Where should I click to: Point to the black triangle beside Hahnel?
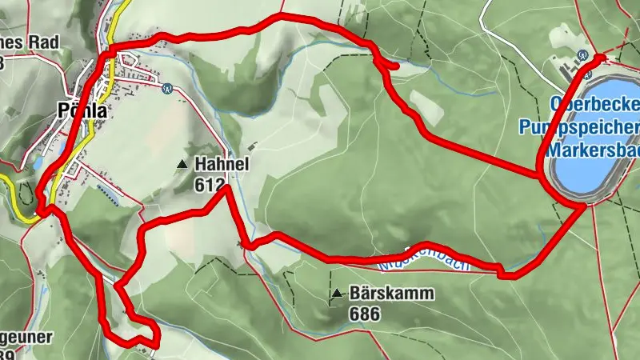pyautogui.click(x=182, y=164)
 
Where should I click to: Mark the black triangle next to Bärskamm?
pyautogui.click(x=338, y=294)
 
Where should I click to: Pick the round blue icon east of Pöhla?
pyautogui.click(x=167, y=88)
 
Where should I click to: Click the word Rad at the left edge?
pyautogui.click(x=38, y=42)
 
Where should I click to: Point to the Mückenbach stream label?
pyautogui.click(x=416, y=258)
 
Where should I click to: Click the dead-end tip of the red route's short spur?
pyautogui.click(x=397, y=66)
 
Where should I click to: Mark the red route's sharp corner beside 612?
pyautogui.click(x=228, y=187)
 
